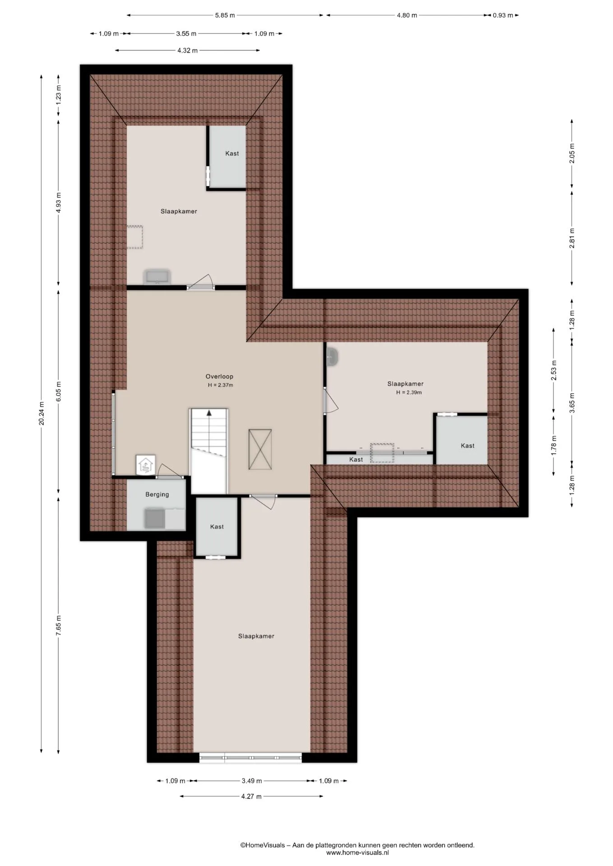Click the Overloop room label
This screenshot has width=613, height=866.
[219, 377]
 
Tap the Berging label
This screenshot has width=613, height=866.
[157, 494]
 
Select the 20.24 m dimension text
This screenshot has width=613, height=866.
[42, 413]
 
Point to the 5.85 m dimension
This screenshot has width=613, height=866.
[225, 15]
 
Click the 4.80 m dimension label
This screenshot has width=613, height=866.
[407, 15]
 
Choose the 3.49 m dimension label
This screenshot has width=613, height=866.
[251, 781]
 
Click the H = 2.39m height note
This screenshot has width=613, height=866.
[409, 392]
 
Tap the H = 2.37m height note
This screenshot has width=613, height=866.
[220, 385]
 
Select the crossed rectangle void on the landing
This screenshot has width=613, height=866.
[260, 449]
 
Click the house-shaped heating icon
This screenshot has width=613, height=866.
[145, 465]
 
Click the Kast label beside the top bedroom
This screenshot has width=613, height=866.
[232, 153]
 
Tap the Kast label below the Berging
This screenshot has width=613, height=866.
[217, 526]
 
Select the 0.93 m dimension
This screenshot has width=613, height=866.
[503, 15]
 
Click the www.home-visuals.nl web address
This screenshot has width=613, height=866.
[358, 852]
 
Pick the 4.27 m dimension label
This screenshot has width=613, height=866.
[251, 796]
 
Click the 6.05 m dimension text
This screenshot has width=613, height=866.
[59, 391]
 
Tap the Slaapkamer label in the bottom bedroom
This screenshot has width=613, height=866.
[256, 636]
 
